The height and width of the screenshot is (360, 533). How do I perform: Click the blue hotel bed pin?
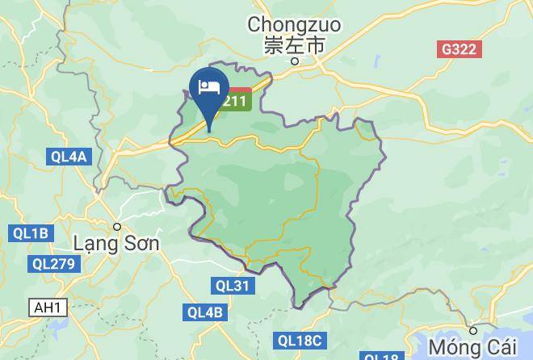[208, 89]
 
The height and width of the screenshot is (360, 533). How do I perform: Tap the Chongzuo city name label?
[295, 25]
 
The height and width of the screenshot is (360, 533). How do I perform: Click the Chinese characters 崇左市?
[295, 45]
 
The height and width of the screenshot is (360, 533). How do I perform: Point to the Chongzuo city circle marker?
[296, 61]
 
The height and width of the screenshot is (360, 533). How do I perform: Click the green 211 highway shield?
[238, 101]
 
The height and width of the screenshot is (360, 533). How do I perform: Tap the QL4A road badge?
[67, 157]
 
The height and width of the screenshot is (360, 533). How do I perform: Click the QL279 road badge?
[54, 264]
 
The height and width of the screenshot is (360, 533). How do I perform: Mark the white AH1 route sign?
[48, 307]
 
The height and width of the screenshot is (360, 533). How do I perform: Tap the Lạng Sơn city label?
[116, 242]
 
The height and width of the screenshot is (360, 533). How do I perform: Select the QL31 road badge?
[233, 285]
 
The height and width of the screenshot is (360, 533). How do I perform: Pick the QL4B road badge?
[204, 312]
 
